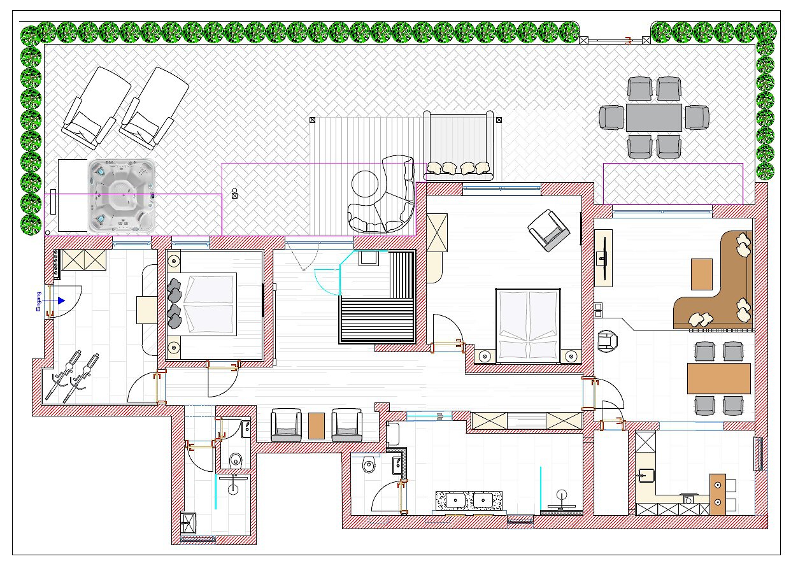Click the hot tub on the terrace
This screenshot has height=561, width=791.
click(x=122, y=195)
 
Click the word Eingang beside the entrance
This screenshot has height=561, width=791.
click(x=38, y=301)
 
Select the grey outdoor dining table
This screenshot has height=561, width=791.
click(x=653, y=118)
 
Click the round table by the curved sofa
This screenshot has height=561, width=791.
click(x=365, y=184)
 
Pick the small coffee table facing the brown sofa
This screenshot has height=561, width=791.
click(x=702, y=274)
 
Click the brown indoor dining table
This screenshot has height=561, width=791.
click(x=718, y=378)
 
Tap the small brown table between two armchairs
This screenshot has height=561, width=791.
click(x=317, y=426)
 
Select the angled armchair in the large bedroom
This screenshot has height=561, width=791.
click(x=549, y=230)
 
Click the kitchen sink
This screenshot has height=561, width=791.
click(x=646, y=475)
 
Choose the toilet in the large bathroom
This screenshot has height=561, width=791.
click(x=369, y=464)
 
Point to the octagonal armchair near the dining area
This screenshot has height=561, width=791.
click(x=608, y=341)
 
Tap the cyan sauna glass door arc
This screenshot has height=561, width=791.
click(x=325, y=281)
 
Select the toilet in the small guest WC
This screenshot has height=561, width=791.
click(x=236, y=460)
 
